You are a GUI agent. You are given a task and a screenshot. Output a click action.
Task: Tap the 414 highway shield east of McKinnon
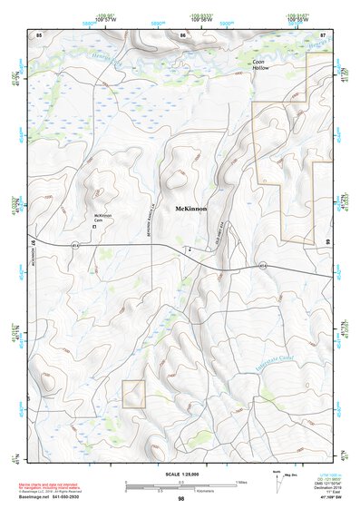[262, 265]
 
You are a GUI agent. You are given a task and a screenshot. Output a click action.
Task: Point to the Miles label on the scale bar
[241, 482]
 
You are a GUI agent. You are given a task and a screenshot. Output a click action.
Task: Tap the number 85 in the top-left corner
[39, 34]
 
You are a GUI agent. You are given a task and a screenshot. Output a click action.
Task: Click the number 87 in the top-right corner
[324, 34]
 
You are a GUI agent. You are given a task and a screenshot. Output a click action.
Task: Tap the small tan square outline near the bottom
[133, 393]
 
